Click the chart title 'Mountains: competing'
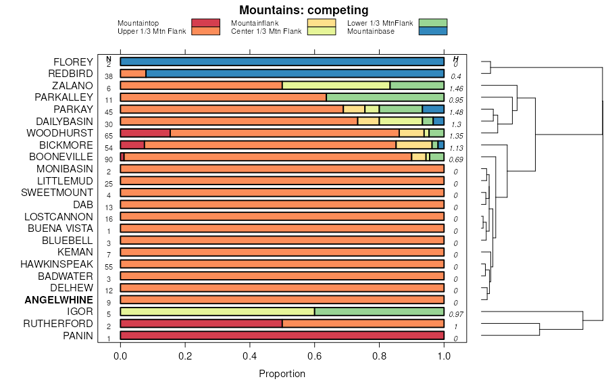(x=304, y=10)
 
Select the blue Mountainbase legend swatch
(x=432, y=31)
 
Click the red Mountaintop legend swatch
(x=205, y=23)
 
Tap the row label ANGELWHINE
(x=59, y=300)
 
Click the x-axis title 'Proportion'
(x=282, y=374)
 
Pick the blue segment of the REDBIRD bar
(x=295, y=74)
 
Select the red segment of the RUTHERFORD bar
(x=201, y=324)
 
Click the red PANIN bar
(x=282, y=336)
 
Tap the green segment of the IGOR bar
(x=379, y=312)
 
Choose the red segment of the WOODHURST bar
(x=145, y=133)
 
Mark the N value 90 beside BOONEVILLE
(x=108, y=160)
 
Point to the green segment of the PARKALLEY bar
(x=385, y=97)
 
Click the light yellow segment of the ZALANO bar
(x=336, y=86)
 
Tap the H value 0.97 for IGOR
(x=456, y=315)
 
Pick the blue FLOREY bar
(x=282, y=62)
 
